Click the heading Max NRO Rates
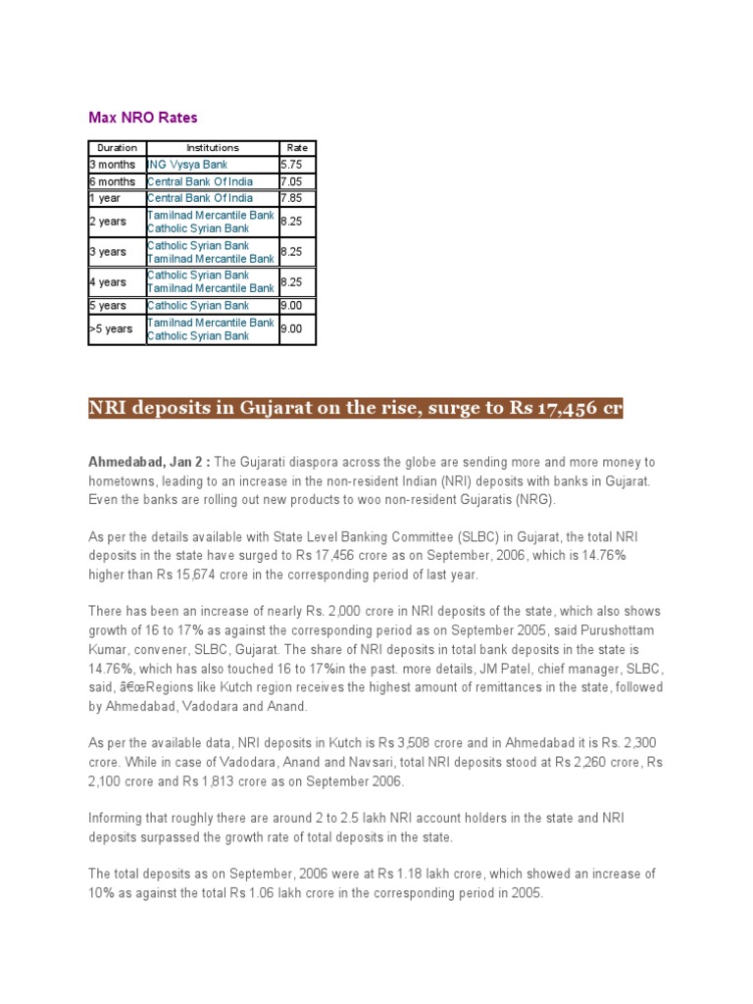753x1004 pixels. tap(143, 118)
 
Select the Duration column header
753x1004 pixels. tap(117, 148)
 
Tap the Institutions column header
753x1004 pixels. tap(212, 148)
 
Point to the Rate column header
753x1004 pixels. tap(296, 148)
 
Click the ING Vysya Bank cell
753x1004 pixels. tap(187, 165)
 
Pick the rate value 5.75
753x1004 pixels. tap(291, 165)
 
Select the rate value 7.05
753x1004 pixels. tap(291, 181)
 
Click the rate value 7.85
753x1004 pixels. tap(291, 198)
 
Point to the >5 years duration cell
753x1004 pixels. tap(111, 329)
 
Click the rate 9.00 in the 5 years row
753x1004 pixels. tap(291, 306)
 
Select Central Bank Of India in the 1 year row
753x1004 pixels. tap(200, 198)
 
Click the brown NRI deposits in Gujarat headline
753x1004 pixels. tap(356, 408)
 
